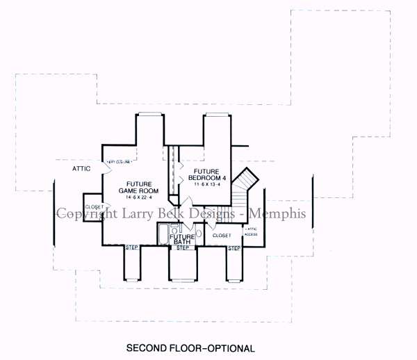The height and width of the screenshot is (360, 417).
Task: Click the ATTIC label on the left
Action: click(82, 169)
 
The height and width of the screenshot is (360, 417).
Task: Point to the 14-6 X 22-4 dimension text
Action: click(138, 198)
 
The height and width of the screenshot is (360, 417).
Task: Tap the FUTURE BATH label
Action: click(183, 238)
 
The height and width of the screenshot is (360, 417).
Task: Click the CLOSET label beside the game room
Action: click(94, 207)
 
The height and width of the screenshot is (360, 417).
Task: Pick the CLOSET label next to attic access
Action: click(222, 236)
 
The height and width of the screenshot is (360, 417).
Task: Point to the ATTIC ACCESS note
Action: click(252, 231)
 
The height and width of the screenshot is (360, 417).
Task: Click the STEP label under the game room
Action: click(131, 247)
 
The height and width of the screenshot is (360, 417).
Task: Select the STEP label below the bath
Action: click(183, 247)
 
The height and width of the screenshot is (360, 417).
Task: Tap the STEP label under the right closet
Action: click(234, 247)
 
